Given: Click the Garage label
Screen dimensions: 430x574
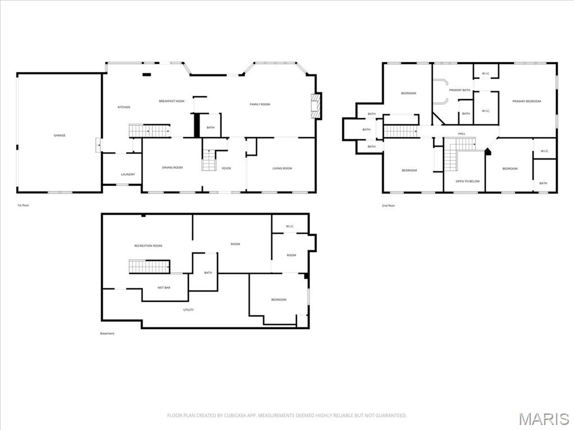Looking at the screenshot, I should (x=59, y=135).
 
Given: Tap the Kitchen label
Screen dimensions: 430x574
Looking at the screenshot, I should (x=123, y=107).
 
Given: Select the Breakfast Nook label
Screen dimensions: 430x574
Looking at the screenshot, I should (x=172, y=101).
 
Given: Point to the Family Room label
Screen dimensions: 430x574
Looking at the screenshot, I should (x=260, y=105).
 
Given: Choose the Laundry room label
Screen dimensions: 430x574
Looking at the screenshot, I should (x=128, y=175).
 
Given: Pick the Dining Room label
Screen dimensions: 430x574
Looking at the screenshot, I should (x=172, y=168).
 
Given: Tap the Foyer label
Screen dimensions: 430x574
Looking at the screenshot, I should (x=226, y=169).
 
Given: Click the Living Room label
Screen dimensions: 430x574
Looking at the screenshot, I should (x=282, y=169).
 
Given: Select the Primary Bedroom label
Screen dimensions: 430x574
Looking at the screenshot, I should (x=527, y=101).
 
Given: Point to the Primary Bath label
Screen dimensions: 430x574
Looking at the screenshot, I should (x=459, y=90).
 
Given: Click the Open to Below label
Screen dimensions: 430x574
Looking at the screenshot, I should (x=467, y=181).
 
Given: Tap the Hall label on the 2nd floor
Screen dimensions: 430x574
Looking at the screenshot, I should (x=461, y=134).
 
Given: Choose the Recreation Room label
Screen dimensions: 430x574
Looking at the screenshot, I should (x=148, y=246).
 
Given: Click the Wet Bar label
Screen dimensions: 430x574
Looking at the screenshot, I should (x=164, y=288).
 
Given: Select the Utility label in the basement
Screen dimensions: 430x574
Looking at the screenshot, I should (x=188, y=310).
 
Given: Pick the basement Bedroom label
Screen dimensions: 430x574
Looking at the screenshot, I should (x=279, y=300).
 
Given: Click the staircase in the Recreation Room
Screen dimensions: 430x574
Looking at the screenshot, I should (x=149, y=267).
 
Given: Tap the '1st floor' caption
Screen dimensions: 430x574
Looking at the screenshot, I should (x=23, y=205).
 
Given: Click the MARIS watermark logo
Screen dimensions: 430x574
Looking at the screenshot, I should (x=544, y=419).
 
